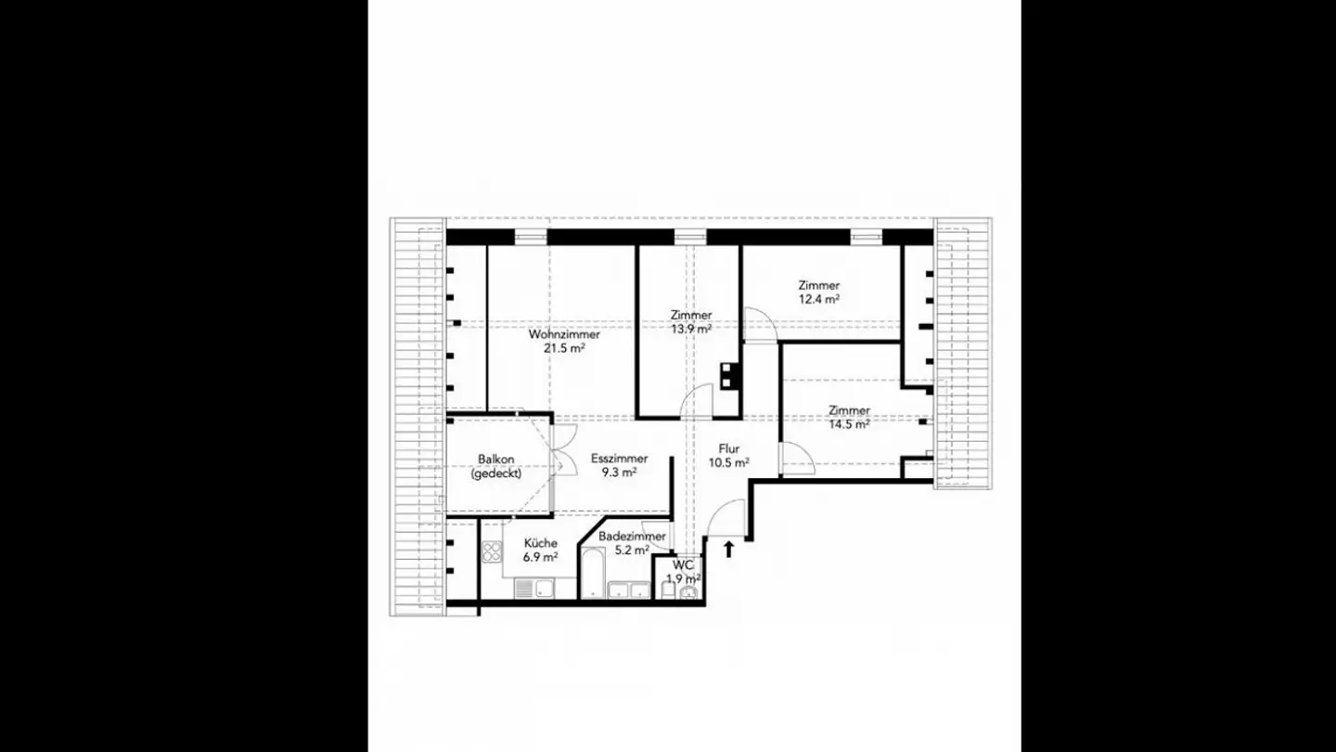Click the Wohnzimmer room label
(x=564, y=334)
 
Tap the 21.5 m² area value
(x=564, y=349)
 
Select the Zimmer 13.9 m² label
(x=691, y=316)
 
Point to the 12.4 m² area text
(x=819, y=300)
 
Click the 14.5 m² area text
(x=849, y=424)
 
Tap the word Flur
(x=729, y=448)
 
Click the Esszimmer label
(x=619, y=459)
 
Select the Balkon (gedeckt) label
(x=496, y=466)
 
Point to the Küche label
(x=540, y=543)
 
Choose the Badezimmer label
(x=632, y=537)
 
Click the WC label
(x=683, y=564)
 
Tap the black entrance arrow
(x=728, y=549)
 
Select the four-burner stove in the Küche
(x=492, y=553)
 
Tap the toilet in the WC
(x=688, y=591)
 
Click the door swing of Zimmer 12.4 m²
(x=759, y=324)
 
